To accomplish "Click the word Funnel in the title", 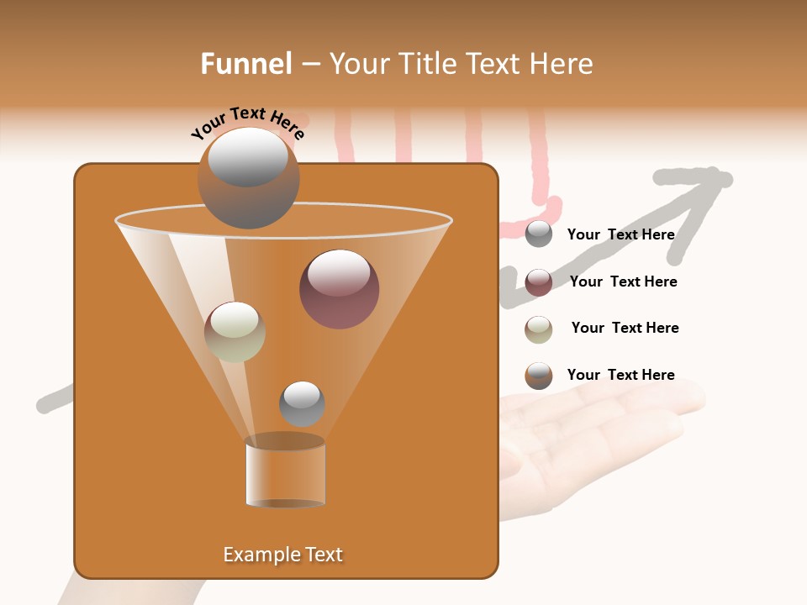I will pos(245,63).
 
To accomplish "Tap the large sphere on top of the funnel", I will pos(248,178).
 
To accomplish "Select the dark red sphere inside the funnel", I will pos(339,289).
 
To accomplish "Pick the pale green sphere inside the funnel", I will pos(235,331).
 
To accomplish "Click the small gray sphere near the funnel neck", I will pos(302,403).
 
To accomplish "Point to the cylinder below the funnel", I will pos(285,472).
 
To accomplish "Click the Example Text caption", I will pos(283,555).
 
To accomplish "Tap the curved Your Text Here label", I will pos(247,123).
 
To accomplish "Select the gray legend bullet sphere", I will pos(539,234).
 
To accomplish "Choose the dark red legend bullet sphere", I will pos(539,282).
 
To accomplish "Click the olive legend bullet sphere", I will pos(539,329).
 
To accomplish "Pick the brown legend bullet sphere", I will pos(539,376).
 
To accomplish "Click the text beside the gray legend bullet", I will pos(620,234).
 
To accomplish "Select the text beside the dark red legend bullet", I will pos(623,281).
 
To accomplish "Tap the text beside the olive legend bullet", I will pos(625,328).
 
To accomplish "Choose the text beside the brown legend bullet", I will pos(620,375).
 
